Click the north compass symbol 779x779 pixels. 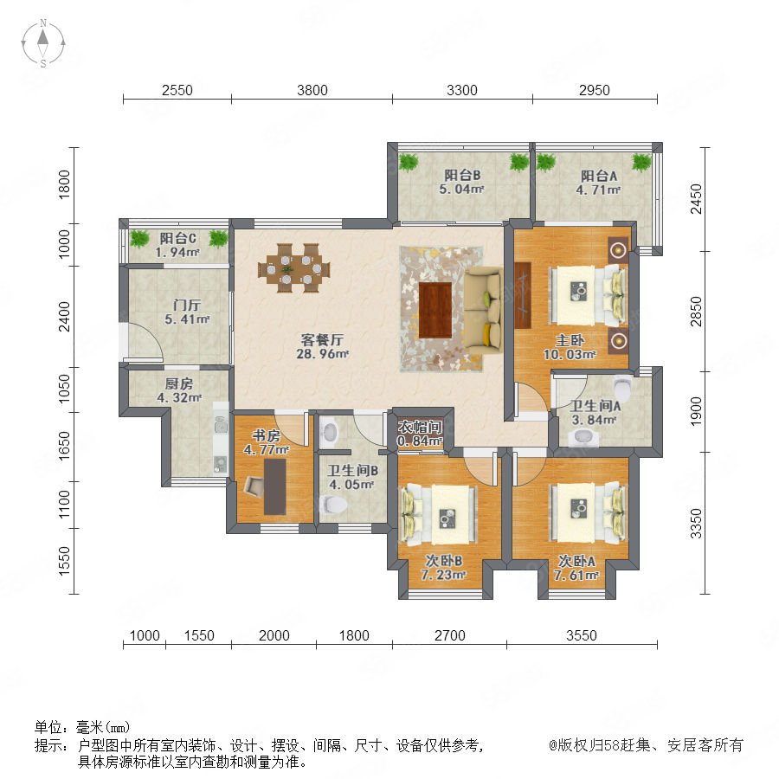[43, 43]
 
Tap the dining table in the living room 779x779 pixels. [293, 269]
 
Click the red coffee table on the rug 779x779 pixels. [435, 310]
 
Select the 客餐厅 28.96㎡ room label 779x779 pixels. [322, 347]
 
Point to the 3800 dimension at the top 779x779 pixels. [312, 90]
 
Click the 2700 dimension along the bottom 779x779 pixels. [449, 635]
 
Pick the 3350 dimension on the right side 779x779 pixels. [697, 523]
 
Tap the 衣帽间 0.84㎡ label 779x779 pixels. [420, 434]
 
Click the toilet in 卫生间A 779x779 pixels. [622, 387]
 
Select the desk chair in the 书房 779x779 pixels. [254, 486]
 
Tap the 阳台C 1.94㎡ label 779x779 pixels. [177, 246]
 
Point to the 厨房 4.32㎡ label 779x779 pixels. [179, 390]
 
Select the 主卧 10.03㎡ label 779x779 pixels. [570, 347]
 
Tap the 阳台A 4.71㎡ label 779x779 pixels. [599, 183]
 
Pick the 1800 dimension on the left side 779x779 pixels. [65, 184]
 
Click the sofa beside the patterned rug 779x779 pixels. [483, 310]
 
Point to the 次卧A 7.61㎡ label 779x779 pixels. [576, 569]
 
